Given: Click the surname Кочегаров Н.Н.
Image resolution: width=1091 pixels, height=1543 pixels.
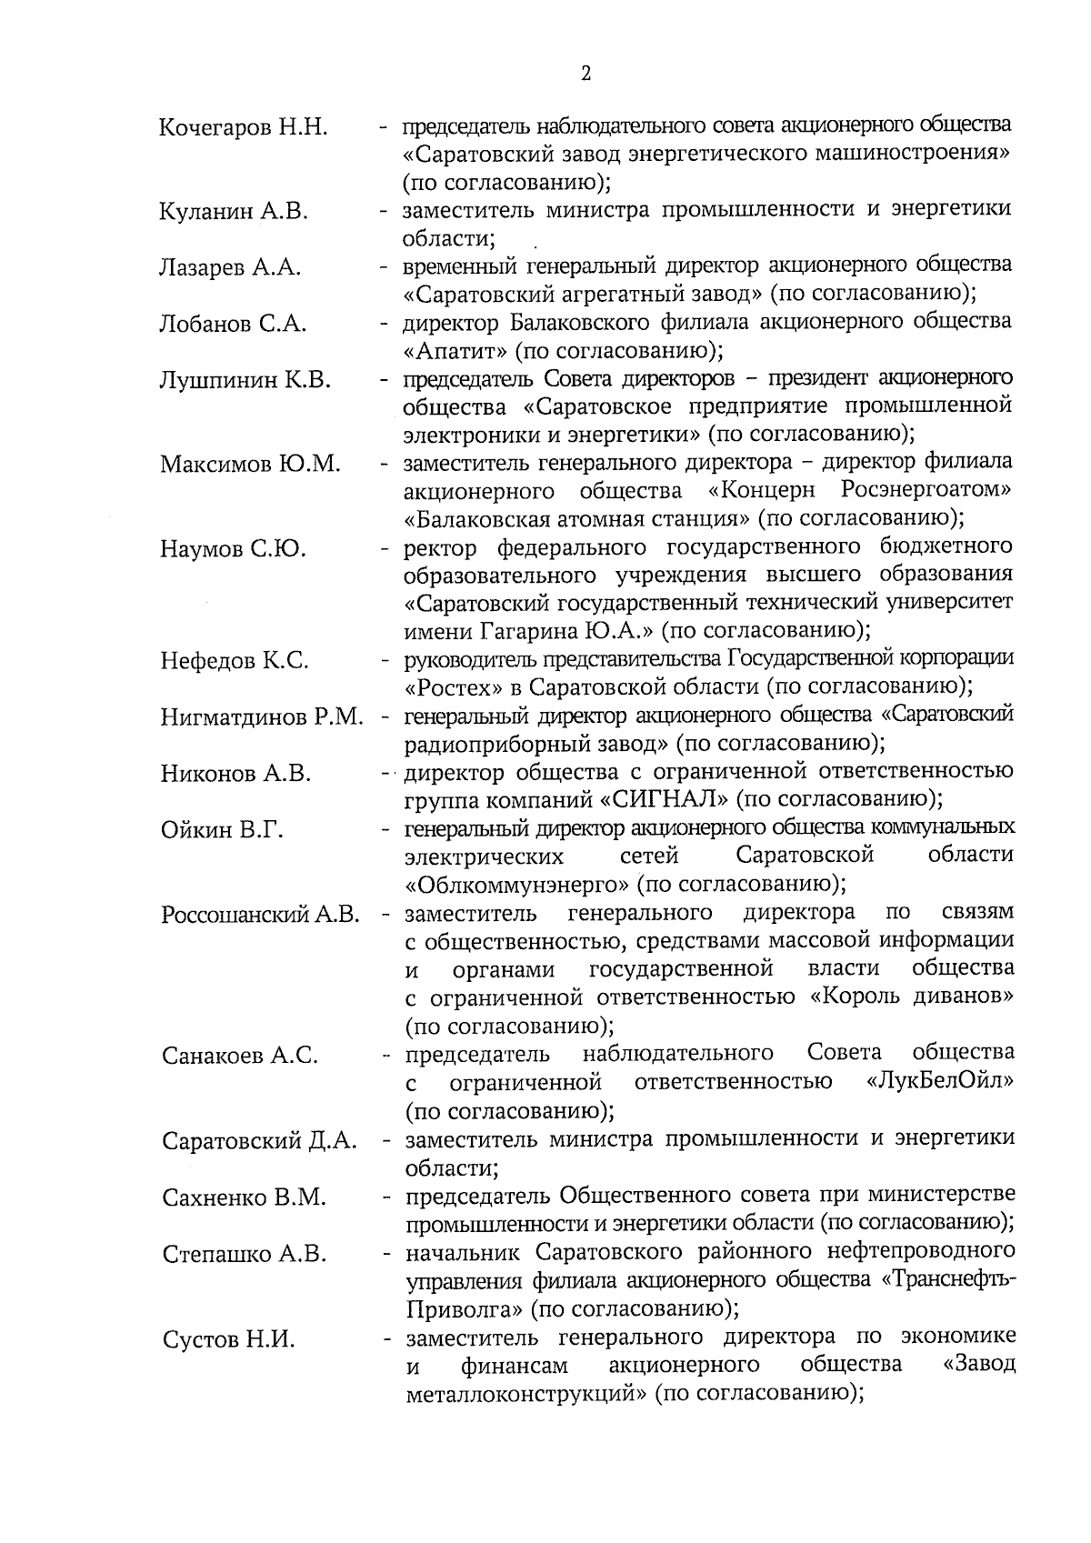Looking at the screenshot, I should (x=243, y=127).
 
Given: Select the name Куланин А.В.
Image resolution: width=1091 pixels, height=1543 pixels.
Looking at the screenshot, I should (x=234, y=213).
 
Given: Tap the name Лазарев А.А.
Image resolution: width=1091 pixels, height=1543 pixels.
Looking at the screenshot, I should (x=230, y=268).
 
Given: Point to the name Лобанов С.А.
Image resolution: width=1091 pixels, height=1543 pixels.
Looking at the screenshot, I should (x=233, y=325).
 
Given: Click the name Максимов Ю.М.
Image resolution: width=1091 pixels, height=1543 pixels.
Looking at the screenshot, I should (x=250, y=465).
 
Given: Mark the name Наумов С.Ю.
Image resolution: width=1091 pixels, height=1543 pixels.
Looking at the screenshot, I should (x=233, y=549).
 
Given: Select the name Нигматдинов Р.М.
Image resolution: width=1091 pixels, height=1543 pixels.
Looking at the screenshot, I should (x=262, y=717).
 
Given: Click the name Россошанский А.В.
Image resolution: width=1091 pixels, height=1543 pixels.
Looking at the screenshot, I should (x=261, y=915).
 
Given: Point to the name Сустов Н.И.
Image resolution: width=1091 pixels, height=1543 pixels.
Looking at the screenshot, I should (x=228, y=1339).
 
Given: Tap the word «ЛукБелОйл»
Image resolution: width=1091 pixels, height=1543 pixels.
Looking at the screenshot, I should (x=941, y=1082).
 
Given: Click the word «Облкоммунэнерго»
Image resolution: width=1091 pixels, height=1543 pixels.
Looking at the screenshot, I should (x=517, y=885).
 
